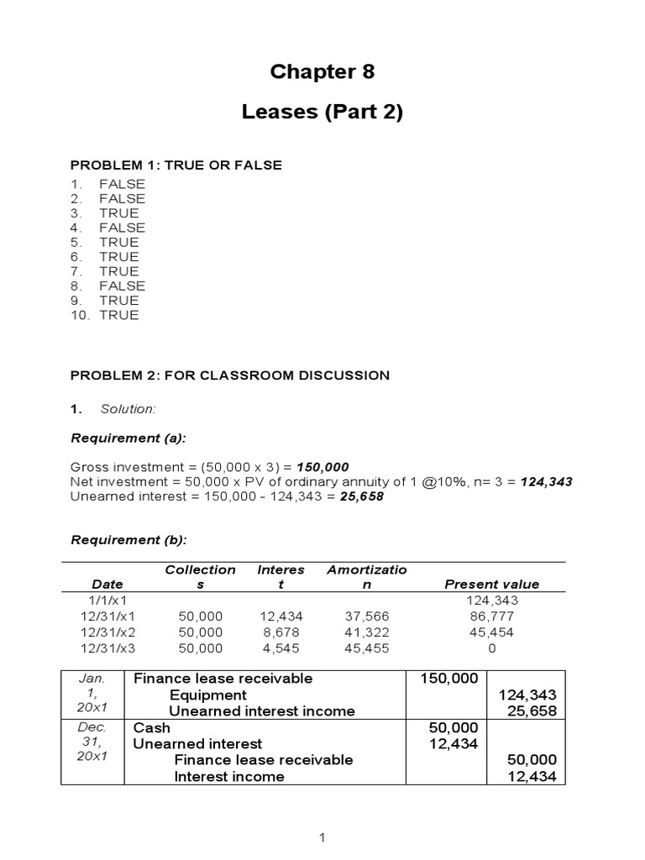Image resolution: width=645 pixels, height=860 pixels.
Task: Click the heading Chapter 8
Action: [x=322, y=72]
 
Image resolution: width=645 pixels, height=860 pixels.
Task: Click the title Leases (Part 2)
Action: [x=322, y=113]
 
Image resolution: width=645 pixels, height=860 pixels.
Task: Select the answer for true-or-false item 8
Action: [x=122, y=286]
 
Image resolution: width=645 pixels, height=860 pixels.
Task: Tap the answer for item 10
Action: [x=119, y=315]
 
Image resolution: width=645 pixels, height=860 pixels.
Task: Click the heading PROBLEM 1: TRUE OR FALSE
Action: [x=176, y=165]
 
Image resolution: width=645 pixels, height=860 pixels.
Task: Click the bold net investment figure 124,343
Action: [x=547, y=482]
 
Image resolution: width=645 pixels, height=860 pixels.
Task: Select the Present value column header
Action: [x=491, y=585]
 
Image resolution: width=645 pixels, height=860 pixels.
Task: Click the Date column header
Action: [x=107, y=585]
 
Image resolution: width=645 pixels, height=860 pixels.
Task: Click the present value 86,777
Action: [x=491, y=616]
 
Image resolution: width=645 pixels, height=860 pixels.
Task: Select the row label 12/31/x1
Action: [x=107, y=616]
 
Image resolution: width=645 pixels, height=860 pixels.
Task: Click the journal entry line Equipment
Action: [x=208, y=695]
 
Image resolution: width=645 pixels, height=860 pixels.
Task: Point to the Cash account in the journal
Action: [x=152, y=727]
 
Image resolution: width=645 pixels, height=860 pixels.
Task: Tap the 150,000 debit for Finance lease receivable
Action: [x=453, y=679]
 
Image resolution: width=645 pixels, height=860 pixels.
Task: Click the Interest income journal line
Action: [x=229, y=776]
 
